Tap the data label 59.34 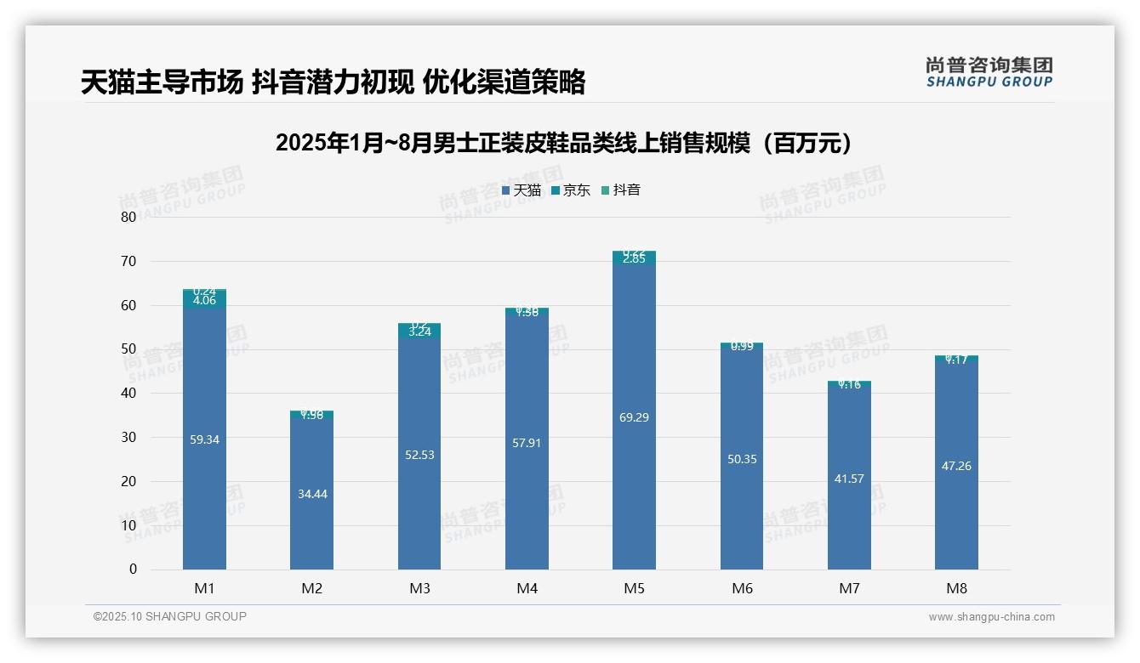point(204,439)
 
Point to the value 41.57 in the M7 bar point(849,479)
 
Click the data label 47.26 point(956,466)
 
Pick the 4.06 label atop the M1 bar point(204,300)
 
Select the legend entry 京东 point(571,190)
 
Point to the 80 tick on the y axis point(128,217)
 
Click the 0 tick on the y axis point(133,569)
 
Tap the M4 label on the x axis point(527,588)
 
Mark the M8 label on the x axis point(956,588)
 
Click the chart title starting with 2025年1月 point(564,143)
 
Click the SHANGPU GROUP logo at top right point(989,72)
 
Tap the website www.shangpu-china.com point(991,617)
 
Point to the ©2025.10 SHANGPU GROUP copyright point(170,617)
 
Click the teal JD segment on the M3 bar point(419,332)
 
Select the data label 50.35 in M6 point(742,459)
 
